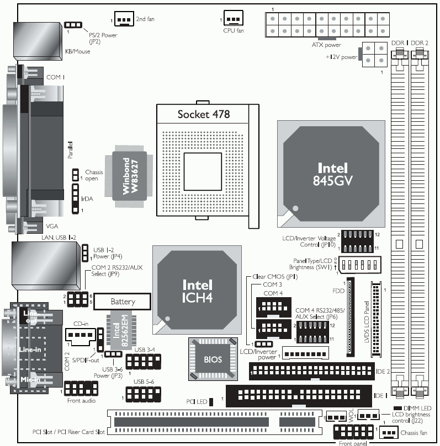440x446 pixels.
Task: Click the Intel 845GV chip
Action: click(331, 173)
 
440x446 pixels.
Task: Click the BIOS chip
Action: click(212, 359)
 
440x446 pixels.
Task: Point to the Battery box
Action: click(123, 302)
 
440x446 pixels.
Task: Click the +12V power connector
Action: click(373, 55)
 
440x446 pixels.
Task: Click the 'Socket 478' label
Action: click(203, 114)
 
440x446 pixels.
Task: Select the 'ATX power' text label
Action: click(326, 45)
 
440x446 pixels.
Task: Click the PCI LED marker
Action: click(211, 402)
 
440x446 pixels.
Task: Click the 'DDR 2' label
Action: click(420, 42)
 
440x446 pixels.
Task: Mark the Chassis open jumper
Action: click(75, 176)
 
